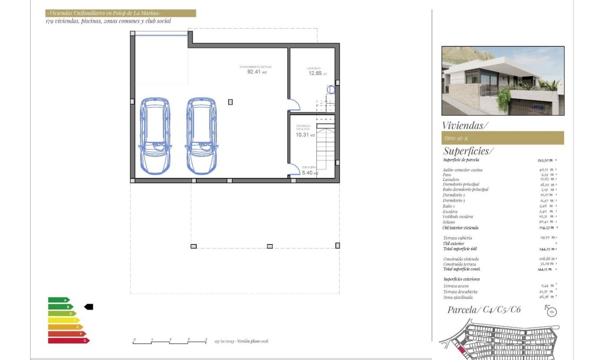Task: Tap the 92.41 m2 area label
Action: point(256,72)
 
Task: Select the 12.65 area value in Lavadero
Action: point(315,73)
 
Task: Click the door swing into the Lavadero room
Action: point(293,105)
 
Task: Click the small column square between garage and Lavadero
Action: point(230,102)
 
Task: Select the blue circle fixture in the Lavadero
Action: point(332,90)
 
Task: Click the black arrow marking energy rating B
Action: point(89,306)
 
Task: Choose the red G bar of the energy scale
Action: point(68,340)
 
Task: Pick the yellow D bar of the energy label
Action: point(63,320)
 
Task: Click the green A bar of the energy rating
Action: point(58,300)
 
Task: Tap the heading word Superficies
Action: point(468,151)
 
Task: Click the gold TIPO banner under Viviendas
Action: point(502,138)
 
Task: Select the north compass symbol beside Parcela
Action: point(551,312)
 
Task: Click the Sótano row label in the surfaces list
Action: point(450,222)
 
